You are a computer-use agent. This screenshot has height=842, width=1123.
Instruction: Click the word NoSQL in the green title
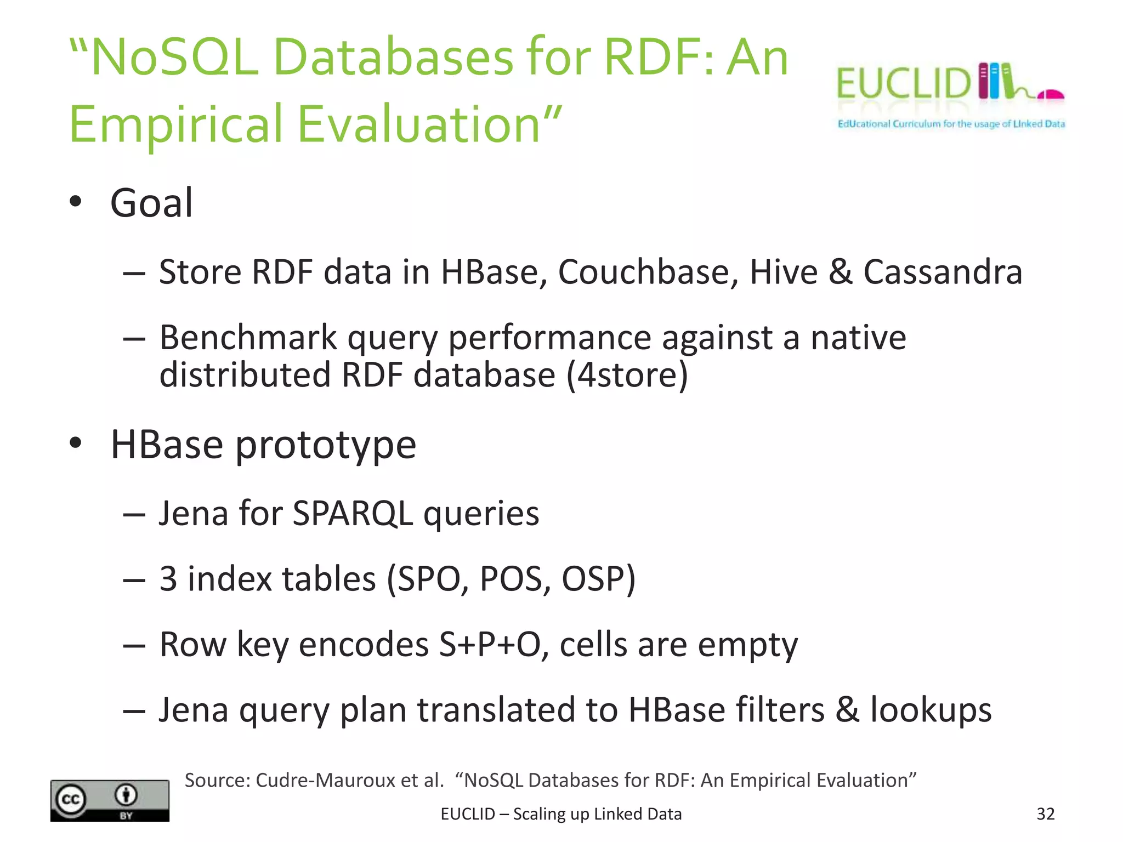[174, 57]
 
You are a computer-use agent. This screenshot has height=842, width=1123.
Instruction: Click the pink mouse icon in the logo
[1051, 94]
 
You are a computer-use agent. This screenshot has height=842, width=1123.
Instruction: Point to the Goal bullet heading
[151, 203]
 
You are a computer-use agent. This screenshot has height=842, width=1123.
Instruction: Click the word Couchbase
[648, 272]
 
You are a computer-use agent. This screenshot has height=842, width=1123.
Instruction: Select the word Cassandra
[943, 272]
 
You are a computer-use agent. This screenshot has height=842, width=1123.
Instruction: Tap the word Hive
[784, 272]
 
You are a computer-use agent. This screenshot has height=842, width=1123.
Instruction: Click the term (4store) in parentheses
[627, 375]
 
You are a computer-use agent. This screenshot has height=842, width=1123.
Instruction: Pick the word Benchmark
[248, 338]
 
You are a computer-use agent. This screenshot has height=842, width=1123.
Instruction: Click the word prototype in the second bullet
[326, 445]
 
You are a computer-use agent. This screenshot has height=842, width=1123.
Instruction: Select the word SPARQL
[353, 514]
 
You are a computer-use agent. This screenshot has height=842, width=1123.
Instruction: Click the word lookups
[931, 710]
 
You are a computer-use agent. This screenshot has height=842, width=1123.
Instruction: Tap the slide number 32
[1045, 814]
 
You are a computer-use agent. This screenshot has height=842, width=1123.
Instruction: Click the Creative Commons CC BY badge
[110, 800]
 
